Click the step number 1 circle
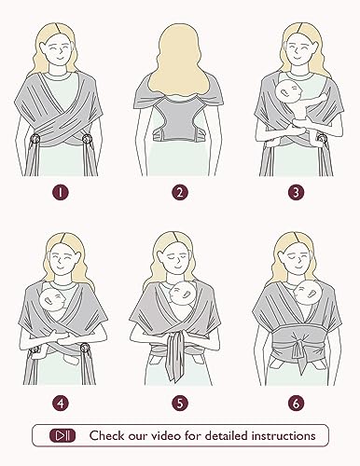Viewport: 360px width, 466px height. (61, 192)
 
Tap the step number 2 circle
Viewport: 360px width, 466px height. (180, 192)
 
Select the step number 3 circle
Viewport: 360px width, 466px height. (296, 192)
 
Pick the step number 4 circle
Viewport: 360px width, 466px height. (61, 404)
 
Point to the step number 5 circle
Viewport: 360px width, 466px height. (180, 404)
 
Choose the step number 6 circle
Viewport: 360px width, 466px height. (296, 404)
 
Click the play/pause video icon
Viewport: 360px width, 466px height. (62, 435)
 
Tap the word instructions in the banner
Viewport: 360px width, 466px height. (284, 435)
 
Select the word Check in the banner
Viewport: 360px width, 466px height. (105, 435)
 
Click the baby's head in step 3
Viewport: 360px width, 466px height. (288, 92)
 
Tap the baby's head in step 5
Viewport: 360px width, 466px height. (181, 295)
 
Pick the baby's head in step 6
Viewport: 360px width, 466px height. (306, 292)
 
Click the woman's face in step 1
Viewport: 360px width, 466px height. (58, 50)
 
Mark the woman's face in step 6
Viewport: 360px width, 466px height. (298, 260)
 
